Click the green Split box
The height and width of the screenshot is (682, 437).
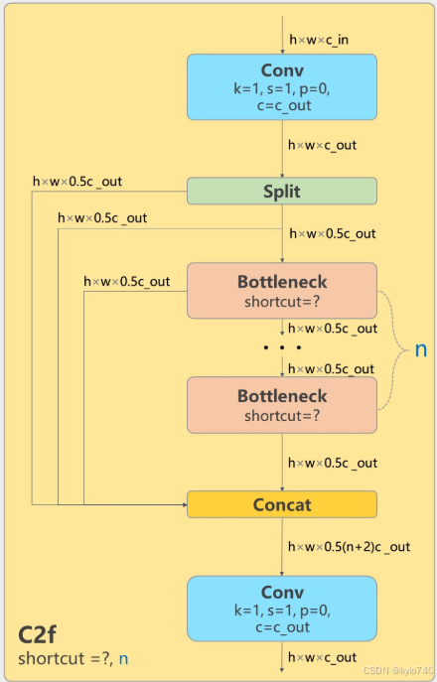coord(282,191)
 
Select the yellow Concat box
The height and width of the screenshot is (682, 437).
coord(282,504)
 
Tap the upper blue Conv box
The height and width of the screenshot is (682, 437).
coord(282,86)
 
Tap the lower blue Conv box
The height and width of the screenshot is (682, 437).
coord(282,608)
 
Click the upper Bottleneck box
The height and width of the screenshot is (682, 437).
coord(282,291)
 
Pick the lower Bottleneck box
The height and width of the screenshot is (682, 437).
coord(282,405)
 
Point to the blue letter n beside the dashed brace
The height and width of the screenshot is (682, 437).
coord(421,349)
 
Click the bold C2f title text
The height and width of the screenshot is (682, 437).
coord(44,635)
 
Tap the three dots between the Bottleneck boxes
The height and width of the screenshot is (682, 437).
coord(282,348)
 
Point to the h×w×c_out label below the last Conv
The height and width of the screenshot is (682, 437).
coord(323,657)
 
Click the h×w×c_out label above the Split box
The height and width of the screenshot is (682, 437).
coord(323,145)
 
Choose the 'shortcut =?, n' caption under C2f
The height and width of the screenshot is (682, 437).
coord(73,658)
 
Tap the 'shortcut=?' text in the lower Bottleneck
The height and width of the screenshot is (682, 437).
coord(282,415)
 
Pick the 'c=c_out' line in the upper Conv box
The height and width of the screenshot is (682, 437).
coord(282,105)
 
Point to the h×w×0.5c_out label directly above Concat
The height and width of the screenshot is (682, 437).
coord(333,463)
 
